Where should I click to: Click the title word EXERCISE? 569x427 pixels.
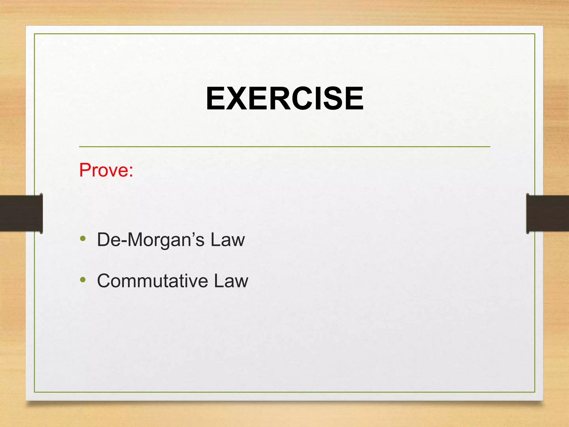point(284,98)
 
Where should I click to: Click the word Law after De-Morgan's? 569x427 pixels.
point(228,240)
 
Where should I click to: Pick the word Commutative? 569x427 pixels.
point(152,281)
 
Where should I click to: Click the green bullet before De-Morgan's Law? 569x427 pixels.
point(83,238)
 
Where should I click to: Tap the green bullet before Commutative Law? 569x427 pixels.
point(83,279)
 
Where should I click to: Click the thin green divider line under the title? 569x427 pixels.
point(284,147)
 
